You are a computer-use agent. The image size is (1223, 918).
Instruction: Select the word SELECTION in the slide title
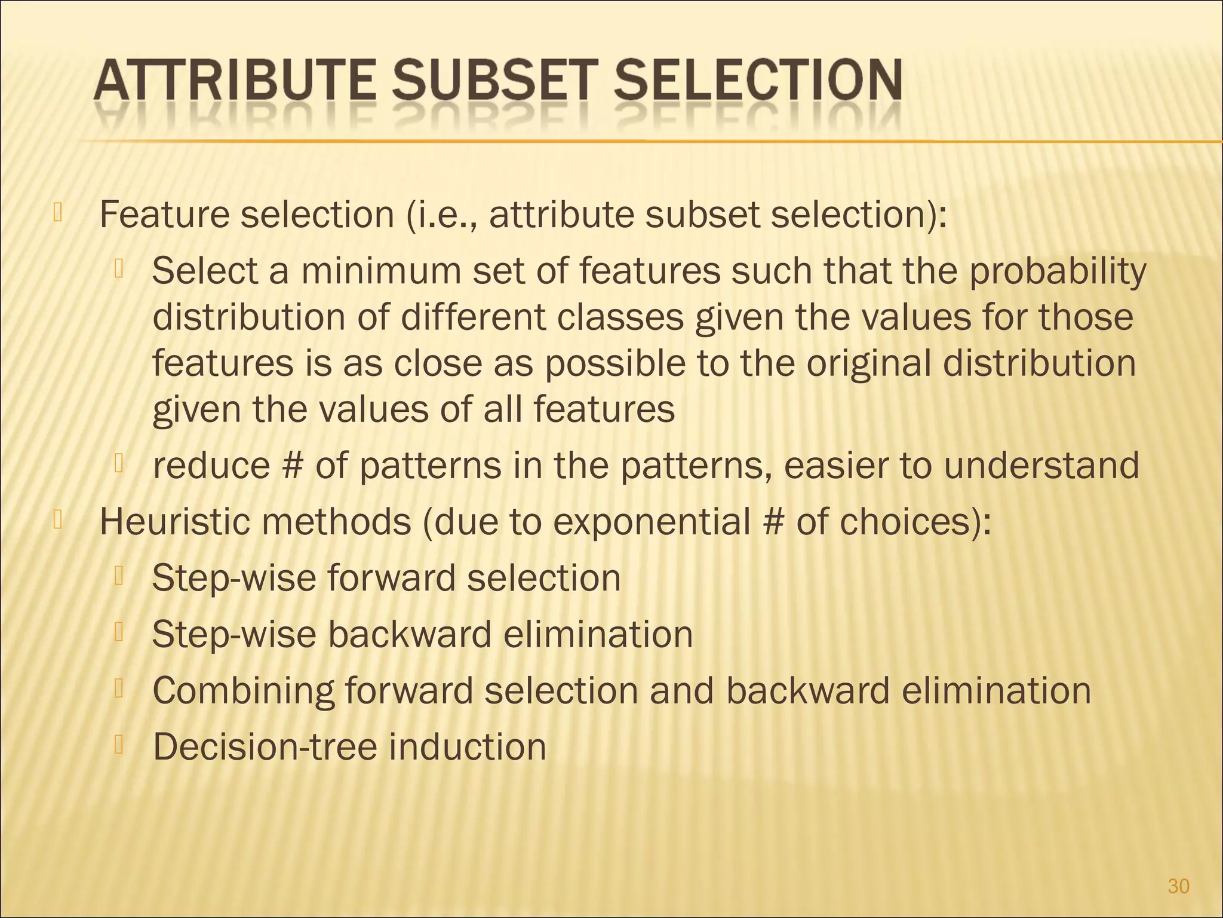[x=758, y=81]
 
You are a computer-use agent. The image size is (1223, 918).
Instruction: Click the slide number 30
[x=1178, y=886]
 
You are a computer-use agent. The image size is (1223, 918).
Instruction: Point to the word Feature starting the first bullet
[x=164, y=215]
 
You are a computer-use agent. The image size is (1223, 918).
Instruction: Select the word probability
[x=1056, y=272]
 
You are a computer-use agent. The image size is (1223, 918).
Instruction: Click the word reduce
[x=211, y=466]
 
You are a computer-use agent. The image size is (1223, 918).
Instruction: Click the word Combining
[x=242, y=691]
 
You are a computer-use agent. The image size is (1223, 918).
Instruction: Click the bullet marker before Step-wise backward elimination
[x=119, y=632]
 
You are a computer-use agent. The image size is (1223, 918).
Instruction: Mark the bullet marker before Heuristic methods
[x=58, y=519]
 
